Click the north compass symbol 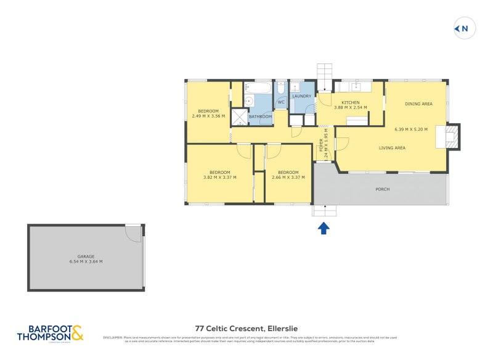click(463, 28)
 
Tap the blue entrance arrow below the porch click(324, 229)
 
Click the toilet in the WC click(281, 88)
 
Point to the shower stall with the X click(238, 117)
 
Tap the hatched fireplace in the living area click(452, 136)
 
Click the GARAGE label click(86, 256)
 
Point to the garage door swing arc click(133, 234)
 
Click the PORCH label click(382, 189)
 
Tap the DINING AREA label click(418, 104)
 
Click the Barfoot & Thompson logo click(50, 333)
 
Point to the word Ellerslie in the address click(283, 329)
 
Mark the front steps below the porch click(324, 211)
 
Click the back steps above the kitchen click(325, 77)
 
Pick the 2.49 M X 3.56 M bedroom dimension click(208, 116)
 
